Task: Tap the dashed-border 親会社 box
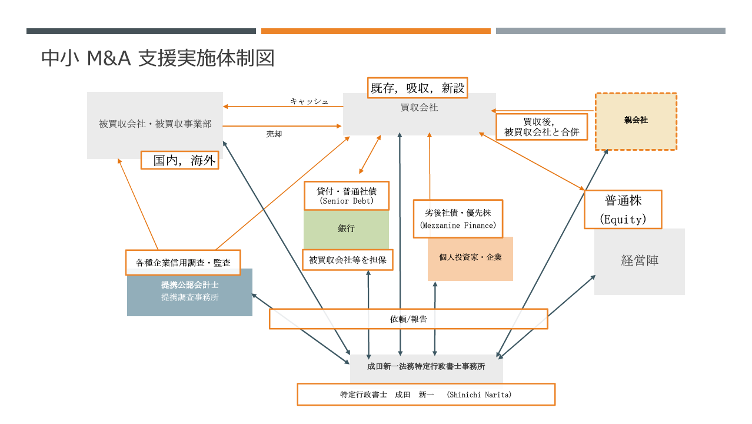pyautogui.click(x=635, y=121)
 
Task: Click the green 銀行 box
pyautogui.click(x=346, y=228)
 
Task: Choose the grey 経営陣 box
pyautogui.click(x=640, y=261)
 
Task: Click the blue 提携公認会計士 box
pyautogui.click(x=189, y=292)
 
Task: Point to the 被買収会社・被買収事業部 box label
pyautogui.click(x=155, y=124)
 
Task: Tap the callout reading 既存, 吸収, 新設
pyautogui.click(x=417, y=88)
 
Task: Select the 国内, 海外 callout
pyautogui.click(x=179, y=160)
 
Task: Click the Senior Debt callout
pyautogui.click(x=347, y=196)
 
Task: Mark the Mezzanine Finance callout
pyautogui.click(x=458, y=218)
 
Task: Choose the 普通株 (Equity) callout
pyautogui.click(x=623, y=210)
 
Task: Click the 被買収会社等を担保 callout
pyautogui.click(x=347, y=260)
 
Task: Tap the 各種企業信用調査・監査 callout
pyautogui.click(x=183, y=263)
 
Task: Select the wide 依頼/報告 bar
pyautogui.click(x=408, y=319)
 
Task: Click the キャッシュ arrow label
pyautogui.click(x=309, y=101)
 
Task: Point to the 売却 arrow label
pyautogui.click(x=274, y=134)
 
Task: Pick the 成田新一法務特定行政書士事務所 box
pyautogui.click(x=426, y=366)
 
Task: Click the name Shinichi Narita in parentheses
pyautogui.click(x=479, y=395)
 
